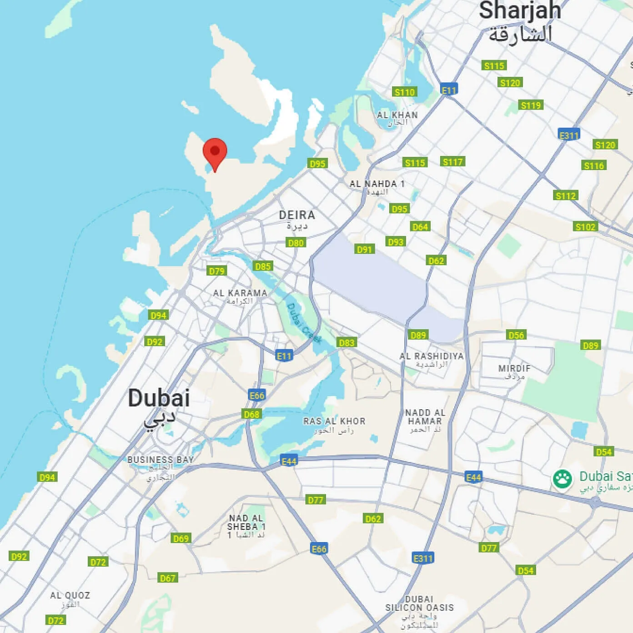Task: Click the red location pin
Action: [x=215, y=153]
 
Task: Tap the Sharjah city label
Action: [x=520, y=11]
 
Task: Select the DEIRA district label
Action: [x=297, y=215]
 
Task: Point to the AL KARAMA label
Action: [x=240, y=293]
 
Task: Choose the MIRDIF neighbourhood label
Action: [x=514, y=368]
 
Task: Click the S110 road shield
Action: [x=404, y=92]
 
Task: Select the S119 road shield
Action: [x=531, y=105]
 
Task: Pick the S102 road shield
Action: [x=585, y=227]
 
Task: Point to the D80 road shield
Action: [x=296, y=243]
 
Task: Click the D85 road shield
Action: [x=263, y=266]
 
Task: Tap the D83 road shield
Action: [x=347, y=342]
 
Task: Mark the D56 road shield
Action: [x=516, y=335]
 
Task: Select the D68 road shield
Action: [x=251, y=414]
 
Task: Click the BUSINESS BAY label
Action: [x=161, y=460]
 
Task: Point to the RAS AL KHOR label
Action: [x=334, y=422]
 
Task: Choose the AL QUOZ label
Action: [x=70, y=595]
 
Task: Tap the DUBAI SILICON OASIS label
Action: [x=419, y=603]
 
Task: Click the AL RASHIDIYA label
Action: [x=432, y=356]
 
